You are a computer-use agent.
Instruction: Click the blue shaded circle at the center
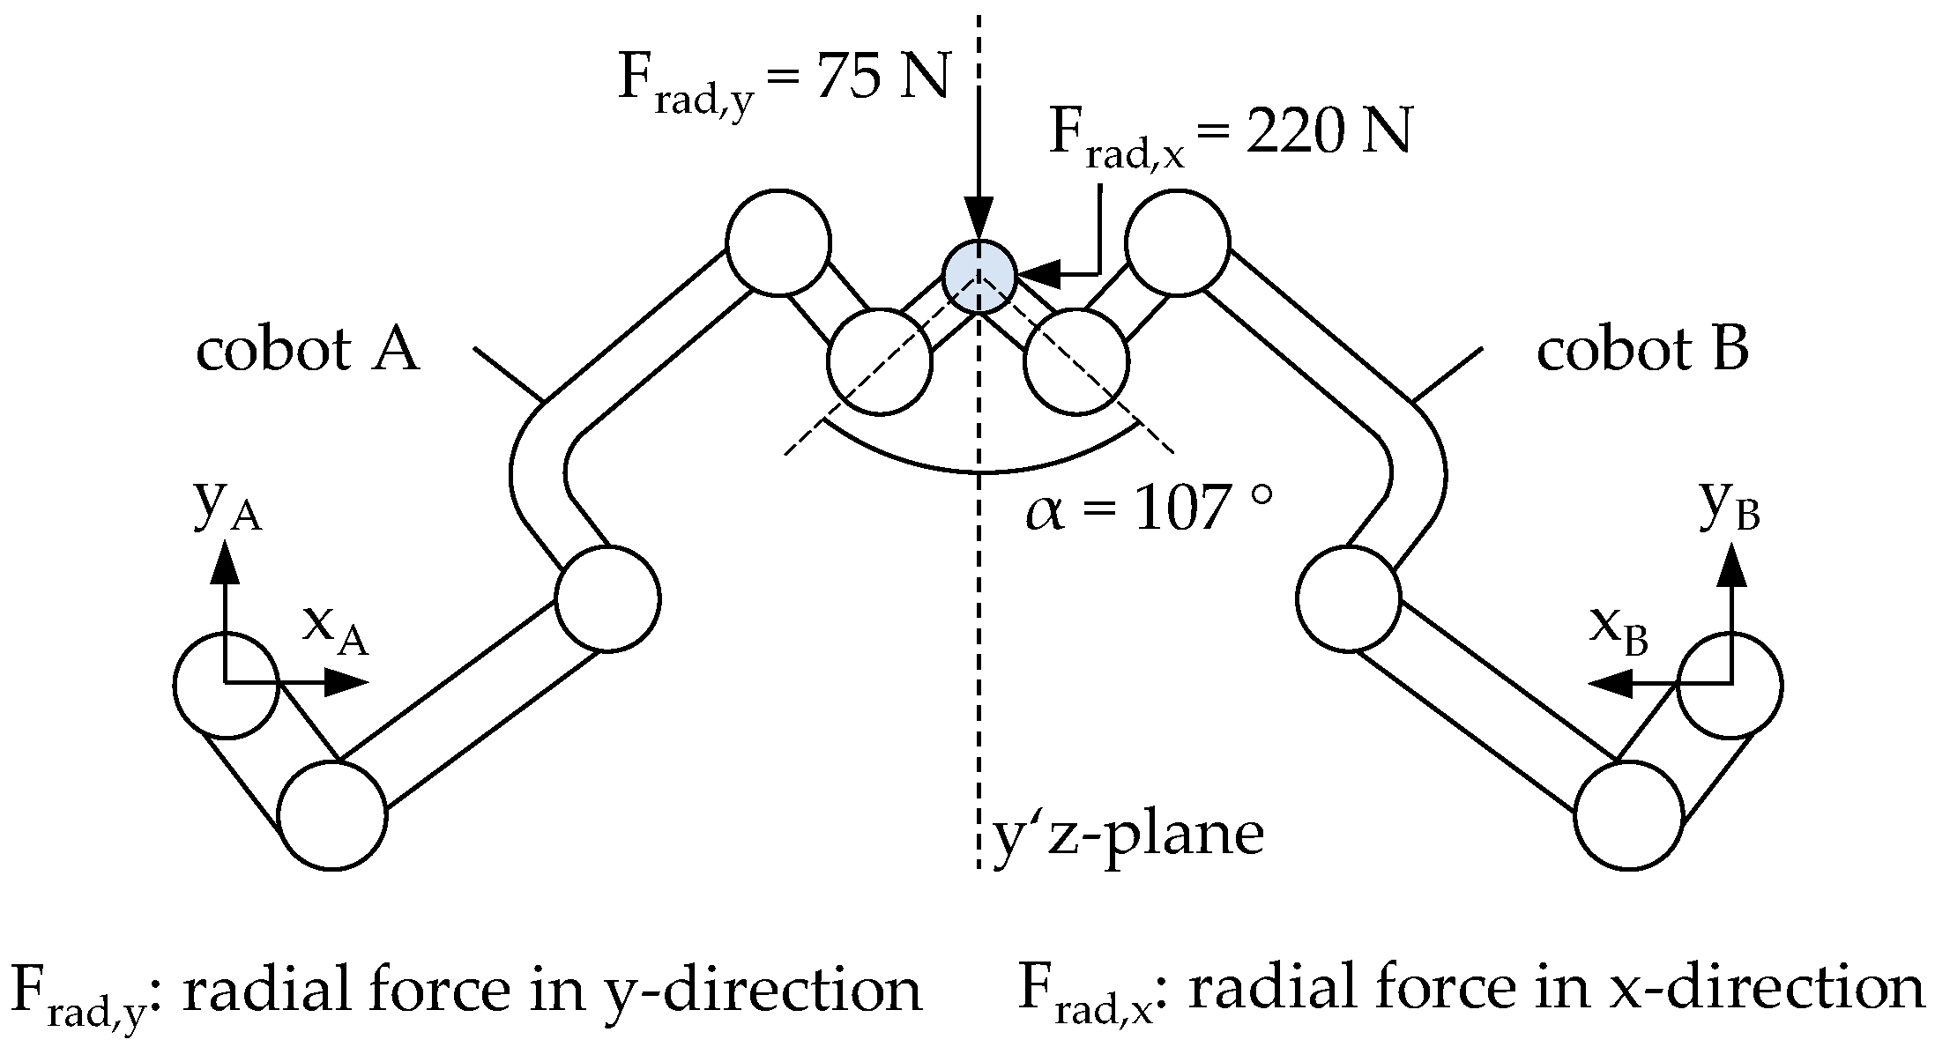pyautogui.click(x=979, y=276)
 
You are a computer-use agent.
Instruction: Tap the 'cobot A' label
pyautogui.click(x=308, y=351)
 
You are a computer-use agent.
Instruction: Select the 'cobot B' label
pyautogui.click(x=1642, y=351)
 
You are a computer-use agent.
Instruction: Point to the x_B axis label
pyautogui.click(x=1619, y=631)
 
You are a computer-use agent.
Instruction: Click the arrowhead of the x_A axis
pyautogui.click(x=347, y=682)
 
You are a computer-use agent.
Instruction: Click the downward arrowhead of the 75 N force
pyautogui.click(x=978, y=220)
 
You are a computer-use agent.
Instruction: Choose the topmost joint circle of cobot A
pyautogui.click(x=778, y=241)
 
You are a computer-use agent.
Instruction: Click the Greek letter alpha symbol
pyautogui.click(x=1045, y=513)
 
